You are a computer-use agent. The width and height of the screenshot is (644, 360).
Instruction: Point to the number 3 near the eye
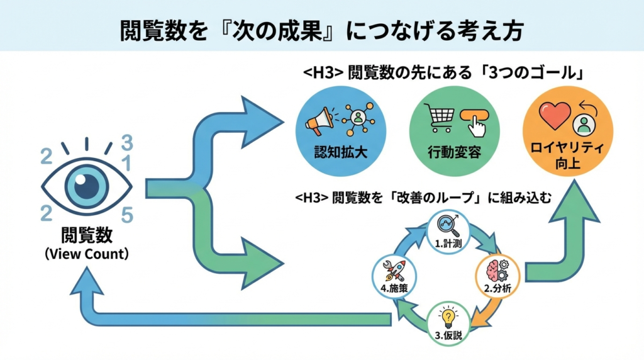coord(127,141)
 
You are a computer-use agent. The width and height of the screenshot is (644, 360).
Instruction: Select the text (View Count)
coord(87,255)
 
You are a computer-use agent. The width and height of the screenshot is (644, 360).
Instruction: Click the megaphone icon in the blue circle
coord(318,120)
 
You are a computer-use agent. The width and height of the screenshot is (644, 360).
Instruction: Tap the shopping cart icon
coord(440,118)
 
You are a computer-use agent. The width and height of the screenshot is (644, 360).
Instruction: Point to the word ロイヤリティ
coord(568,149)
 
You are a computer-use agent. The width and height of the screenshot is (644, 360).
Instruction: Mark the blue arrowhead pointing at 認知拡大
coord(260,118)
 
